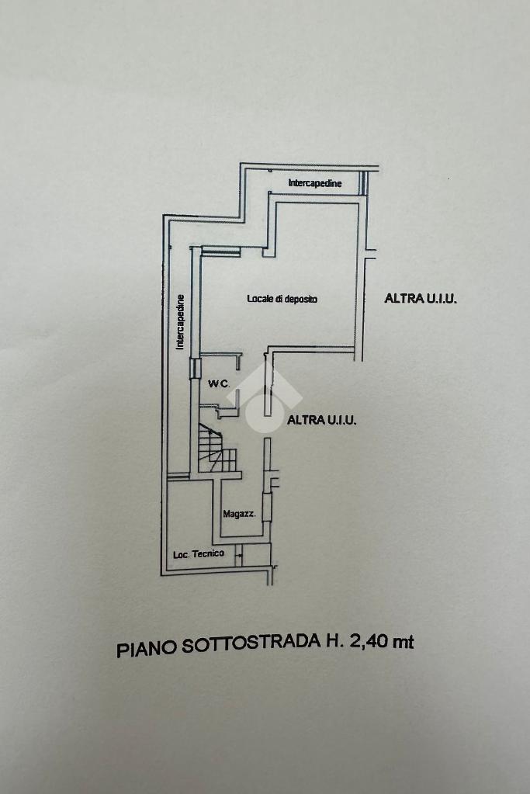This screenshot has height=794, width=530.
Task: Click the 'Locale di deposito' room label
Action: (282, 299)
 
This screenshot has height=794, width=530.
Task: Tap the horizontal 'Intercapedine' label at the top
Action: (314, 184)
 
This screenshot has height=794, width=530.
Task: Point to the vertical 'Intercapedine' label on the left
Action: (180, 322)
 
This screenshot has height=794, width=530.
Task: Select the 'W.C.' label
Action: (217, 383)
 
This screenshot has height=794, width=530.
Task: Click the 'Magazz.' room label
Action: (239, 513)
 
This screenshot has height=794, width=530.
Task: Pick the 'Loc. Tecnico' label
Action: (199, 553)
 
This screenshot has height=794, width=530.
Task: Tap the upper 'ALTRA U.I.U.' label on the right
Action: (420, 297)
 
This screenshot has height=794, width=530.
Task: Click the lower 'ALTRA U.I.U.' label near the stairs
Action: (321, 420)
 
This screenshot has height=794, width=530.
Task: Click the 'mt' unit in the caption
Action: (404, 641)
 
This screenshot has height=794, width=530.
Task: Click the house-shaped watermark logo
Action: (264, 400)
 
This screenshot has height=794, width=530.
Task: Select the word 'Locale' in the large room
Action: (260, 299)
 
